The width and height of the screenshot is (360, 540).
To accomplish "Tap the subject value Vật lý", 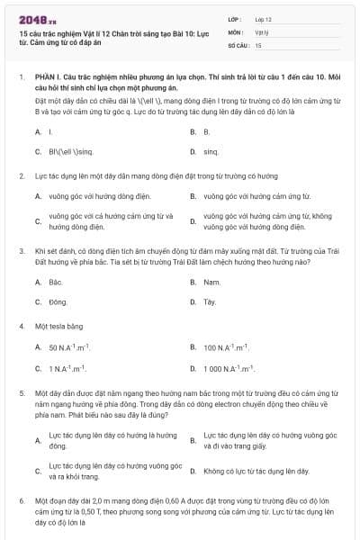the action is [261, 31].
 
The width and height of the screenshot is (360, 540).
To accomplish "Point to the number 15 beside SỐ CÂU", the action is [258, 44].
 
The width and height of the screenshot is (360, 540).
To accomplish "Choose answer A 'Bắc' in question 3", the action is [55, 282].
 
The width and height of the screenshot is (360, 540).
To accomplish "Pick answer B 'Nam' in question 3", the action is [211, 282].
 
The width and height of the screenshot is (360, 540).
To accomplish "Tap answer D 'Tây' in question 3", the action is [210, 302].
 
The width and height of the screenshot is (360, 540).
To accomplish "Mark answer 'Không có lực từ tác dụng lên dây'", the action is [256, 471].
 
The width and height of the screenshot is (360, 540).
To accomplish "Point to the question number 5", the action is [21, 393].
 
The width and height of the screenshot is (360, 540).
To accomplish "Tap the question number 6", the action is [21, 499].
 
